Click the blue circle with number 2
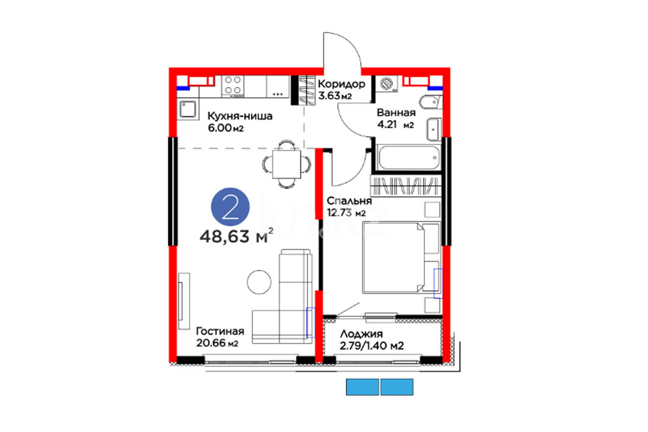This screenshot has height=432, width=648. pyautogui.click(x=230, y=207)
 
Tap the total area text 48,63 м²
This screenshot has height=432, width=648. pyautogui.click(x=236, y=236)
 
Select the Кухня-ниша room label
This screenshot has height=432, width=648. pyautogui.click(x=240, y=116)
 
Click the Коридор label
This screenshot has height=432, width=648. pyautogui.click(x=341, y=84)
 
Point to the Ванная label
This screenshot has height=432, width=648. pyautogui.click(x=396, y=113)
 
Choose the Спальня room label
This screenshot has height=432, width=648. pyautogui.click(x=349, y=200)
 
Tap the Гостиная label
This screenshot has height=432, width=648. pyautogui.click(x=220, y=331)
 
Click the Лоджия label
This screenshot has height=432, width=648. pyautogui.click(x=361, y=334)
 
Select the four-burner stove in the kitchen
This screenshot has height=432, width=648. pyautogui.click(x=233, y=86)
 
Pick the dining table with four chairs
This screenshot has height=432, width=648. pyautogui.click(x=287, y=165)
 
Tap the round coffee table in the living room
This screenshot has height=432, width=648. pyautogui.click(x=259, y=282)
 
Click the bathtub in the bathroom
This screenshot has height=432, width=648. pyautogui.click(x=408, y=157)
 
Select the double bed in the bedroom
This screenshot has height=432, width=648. pyautogui.click(x=401, y=257)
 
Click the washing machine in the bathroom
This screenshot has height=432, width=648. pyautogui.click(x=387, y=84)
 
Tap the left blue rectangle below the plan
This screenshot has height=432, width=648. pyautogui.click(x=363, y=387)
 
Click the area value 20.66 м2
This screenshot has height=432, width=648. pyautogui.click(x=217, y=343)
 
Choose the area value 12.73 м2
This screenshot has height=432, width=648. pyautogui.click(x=346, y=213)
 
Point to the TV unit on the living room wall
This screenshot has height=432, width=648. pyautogui.click(x=183, y=301)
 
